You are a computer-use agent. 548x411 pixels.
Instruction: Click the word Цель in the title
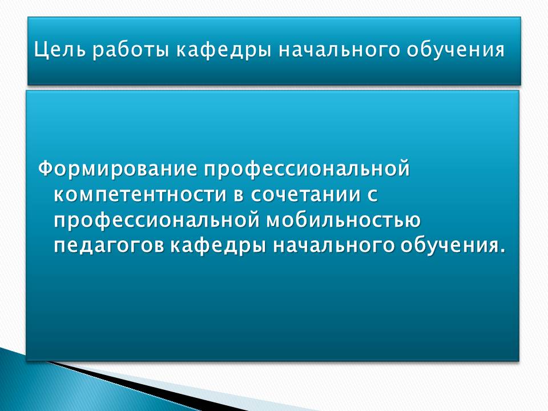click(x=60, y=50)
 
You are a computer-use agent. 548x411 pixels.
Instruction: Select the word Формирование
click(x=118, y=169)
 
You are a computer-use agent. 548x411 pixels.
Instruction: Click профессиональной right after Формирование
click(x=307, y=169)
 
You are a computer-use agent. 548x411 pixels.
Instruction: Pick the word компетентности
click(x=140, y=195)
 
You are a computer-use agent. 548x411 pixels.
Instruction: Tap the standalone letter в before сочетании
click(x=239, y=195)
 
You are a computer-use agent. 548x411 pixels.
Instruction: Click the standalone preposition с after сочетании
click(x=372, y=195)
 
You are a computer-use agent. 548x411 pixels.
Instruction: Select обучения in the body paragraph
click(x=449, y=246)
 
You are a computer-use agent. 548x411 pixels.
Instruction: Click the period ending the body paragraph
click(x=502, y=251)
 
